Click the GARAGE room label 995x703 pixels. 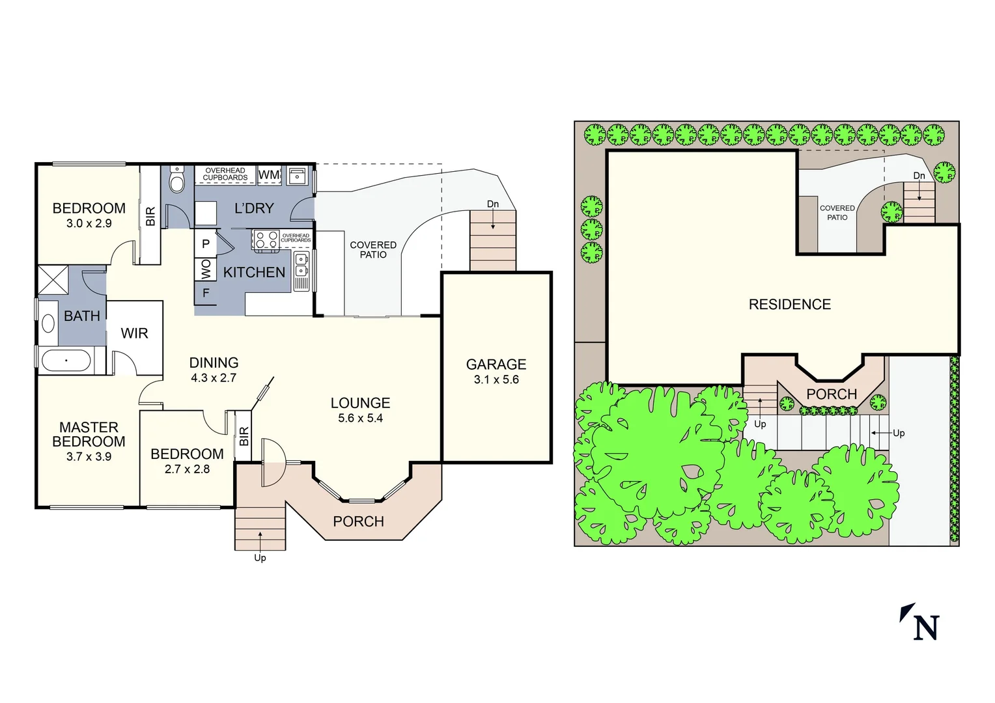click(x=496, y=365)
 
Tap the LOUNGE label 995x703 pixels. click(x=360, y=403)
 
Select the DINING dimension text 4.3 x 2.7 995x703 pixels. click(x=214, y=378)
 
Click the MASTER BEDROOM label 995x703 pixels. click(x=89, y=434)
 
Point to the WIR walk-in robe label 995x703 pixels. click(x=134, y=333)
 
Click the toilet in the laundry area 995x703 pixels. click(x=177, y=180)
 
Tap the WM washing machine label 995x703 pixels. click(x=269, y=175)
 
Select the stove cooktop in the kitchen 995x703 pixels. click(x=266, y=240)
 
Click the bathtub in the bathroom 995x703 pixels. click(x=66, y=360)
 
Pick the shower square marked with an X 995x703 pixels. click(x=53, y=280)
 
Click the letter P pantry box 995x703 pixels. click(x=206, y=244)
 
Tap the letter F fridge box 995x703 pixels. click(x=206, y=294)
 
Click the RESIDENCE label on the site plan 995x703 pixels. click(x=789, y=305)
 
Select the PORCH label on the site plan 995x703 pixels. click(x=832, y=394)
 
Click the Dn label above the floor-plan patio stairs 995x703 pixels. click(x=493, y=204)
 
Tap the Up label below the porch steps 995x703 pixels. click(x=260, y=558)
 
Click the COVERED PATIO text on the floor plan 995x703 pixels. click(x=373, y=250)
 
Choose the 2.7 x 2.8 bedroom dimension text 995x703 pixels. click(x=187, y=469)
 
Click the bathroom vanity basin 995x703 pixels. click(x=48, y=324)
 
